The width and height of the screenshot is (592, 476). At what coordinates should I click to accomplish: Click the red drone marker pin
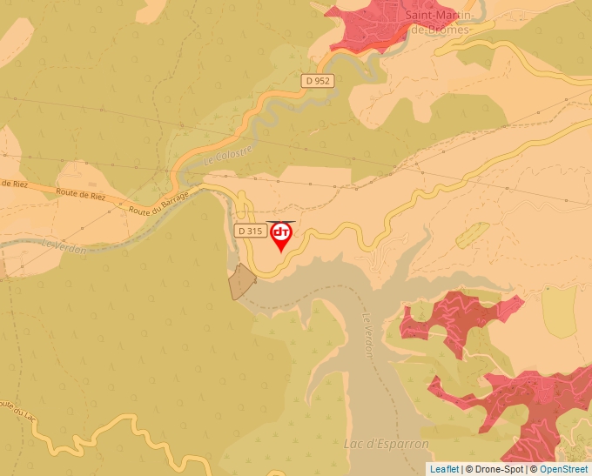tap(281, 235)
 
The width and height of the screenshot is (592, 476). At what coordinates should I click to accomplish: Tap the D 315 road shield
tap(250, 231)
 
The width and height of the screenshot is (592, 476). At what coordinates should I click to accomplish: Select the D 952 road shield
tap(319, 81)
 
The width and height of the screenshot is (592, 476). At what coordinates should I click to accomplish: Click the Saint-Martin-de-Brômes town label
tap(441, 23)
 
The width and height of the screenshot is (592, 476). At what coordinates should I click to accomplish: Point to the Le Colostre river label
tap(227, 156)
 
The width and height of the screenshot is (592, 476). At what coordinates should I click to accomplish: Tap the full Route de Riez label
tap(80, 194)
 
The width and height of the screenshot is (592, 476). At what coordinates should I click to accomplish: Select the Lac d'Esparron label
tap(387, 444)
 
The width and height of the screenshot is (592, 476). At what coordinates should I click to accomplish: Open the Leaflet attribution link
tap(444, 469)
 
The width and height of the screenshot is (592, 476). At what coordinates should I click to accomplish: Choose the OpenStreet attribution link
tap(564, 469)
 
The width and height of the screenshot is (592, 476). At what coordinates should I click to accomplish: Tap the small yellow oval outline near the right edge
tap(473, 234)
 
